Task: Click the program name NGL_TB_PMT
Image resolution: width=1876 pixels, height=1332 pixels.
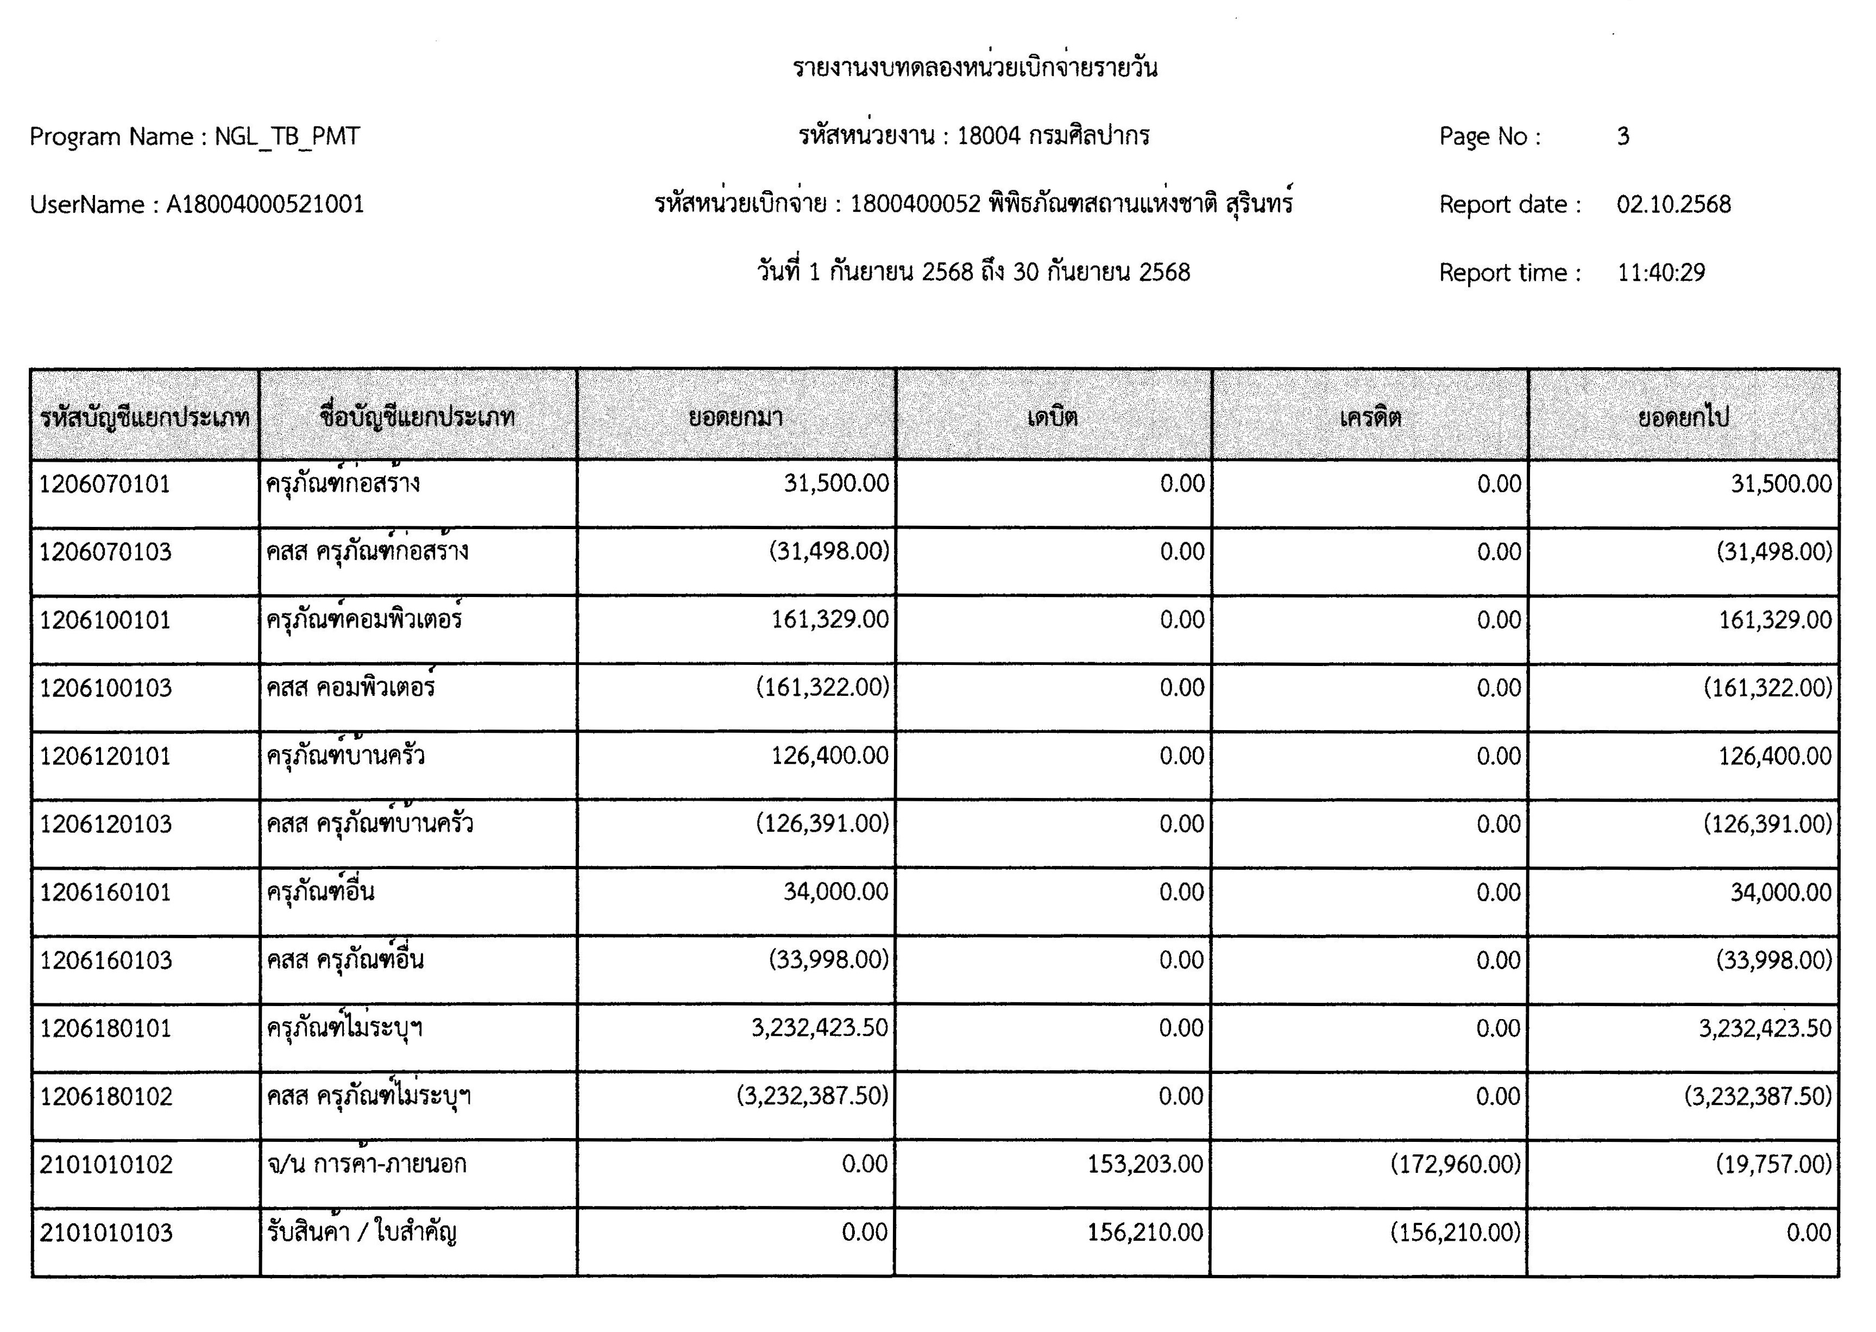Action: [x=287, y=136]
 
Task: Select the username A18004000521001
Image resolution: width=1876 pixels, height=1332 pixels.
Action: [x=265, y=204]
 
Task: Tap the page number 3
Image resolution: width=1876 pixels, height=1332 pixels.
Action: [x=1623, y=136]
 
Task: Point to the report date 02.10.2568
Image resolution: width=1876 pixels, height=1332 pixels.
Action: [x=1673, y=204]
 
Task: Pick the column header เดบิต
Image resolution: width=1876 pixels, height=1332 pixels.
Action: [x=1053, y=418]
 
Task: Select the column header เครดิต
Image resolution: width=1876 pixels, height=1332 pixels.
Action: [x=1370, y=418]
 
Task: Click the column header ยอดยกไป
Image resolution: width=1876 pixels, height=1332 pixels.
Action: [x=1683, y=418]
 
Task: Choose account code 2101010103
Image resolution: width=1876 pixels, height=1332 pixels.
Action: [x=106, y=1233]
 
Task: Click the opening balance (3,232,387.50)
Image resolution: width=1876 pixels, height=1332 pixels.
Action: [x=813, y=1097]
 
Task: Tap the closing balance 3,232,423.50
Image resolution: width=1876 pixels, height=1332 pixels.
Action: [x=1765, y=1028]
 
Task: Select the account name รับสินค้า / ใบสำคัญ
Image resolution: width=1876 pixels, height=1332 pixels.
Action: [x=362, y=1233]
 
